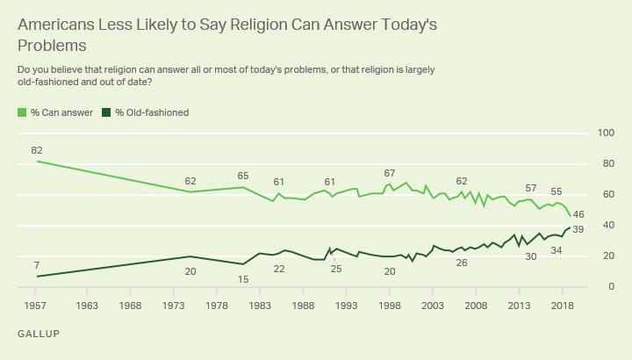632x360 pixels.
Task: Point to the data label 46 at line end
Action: point(578,214)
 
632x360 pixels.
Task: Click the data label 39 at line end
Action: point(578,229)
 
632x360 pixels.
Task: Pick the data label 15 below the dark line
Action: point(243,279)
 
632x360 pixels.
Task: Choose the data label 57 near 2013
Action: point(530,189)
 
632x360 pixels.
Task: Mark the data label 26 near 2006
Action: point(461,263)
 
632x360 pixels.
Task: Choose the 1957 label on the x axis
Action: point(36,306)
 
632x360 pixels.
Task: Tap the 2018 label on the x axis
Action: point(562,306)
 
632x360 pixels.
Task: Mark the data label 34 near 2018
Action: point(557,250)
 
